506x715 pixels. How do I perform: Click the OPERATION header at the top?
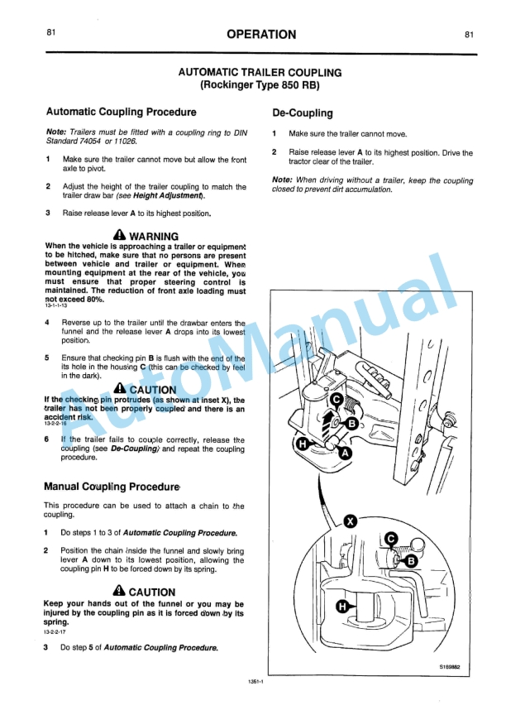[260, 34]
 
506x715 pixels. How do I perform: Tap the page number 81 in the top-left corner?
[51, 34]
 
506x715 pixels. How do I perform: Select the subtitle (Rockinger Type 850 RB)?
[260, 85]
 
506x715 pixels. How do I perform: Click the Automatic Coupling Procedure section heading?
[122, 112]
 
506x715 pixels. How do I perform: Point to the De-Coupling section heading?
[303, 113]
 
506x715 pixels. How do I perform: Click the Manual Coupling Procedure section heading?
[112, 487]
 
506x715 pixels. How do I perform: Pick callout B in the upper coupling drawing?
[352, 423]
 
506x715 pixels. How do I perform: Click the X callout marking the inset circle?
[351, 521]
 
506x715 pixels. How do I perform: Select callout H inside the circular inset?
[342, 607]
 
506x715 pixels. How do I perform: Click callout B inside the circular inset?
[410, 561]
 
